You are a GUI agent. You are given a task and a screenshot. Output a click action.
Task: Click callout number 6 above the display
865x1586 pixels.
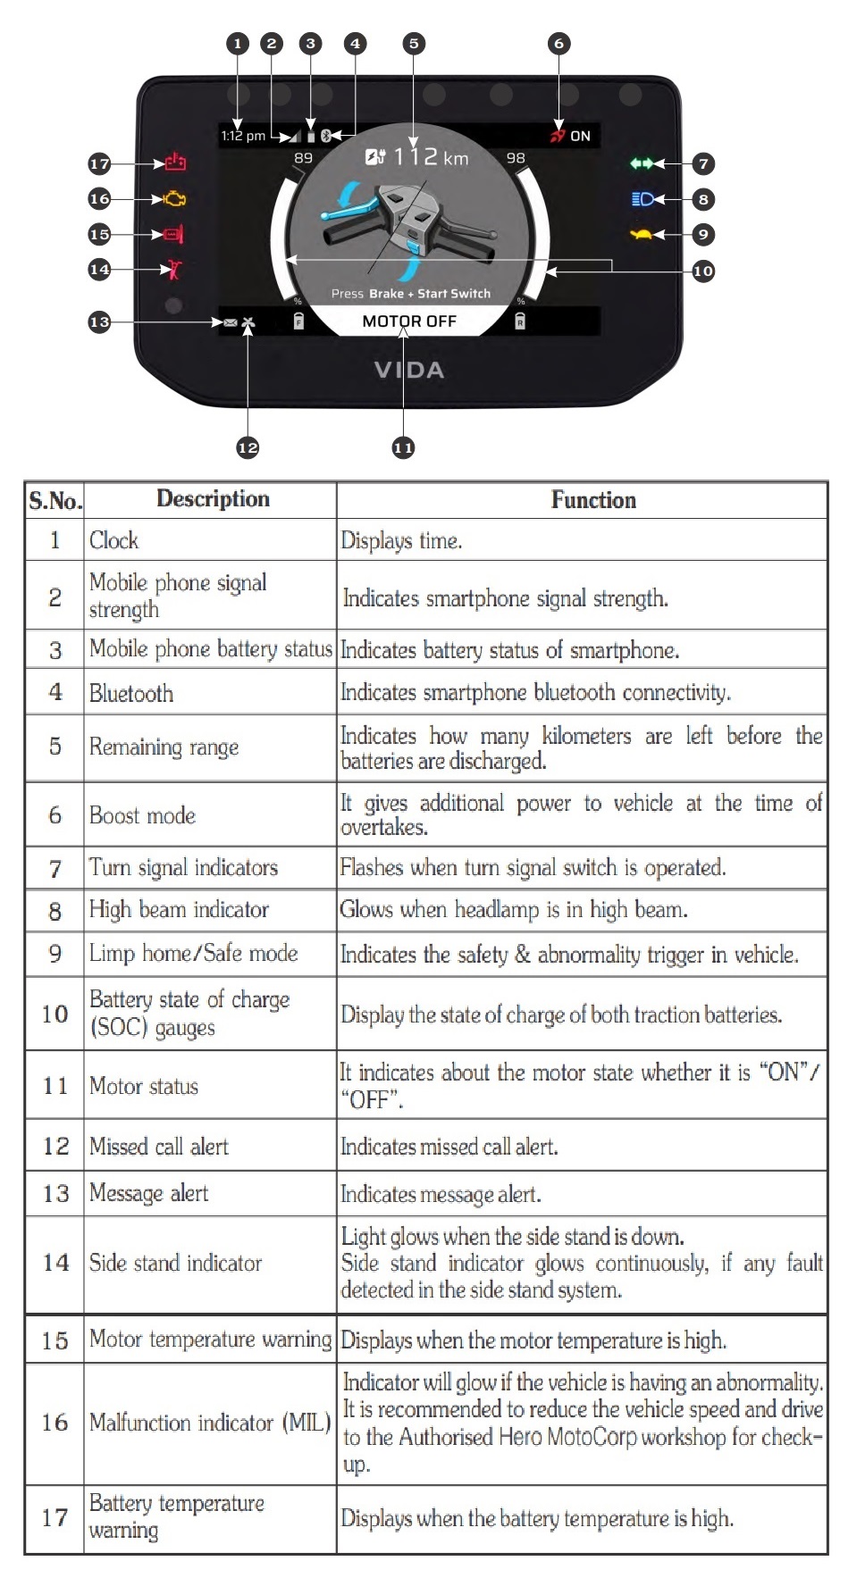coord(558,43)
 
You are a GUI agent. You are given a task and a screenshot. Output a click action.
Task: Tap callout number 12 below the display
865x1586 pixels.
coord(248,447)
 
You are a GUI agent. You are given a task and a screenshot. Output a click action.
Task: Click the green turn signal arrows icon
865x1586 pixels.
coord(642,163)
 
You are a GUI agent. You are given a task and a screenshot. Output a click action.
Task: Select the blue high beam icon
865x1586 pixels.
coord(642,199)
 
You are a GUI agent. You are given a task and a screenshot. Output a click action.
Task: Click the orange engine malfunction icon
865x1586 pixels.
coord(175,198)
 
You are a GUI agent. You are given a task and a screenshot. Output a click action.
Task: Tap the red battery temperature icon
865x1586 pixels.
coord(175,163)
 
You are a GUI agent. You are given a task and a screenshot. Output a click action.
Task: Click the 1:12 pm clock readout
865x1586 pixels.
coord(243,136)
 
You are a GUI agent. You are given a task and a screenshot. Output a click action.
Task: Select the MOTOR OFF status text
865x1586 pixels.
coord(409,321)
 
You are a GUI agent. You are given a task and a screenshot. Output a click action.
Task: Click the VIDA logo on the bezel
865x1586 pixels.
coord(409,370)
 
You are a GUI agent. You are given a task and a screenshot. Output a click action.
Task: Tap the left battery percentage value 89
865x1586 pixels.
coord(304,158)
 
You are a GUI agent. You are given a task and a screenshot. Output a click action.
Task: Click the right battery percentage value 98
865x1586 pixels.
coord(516,158)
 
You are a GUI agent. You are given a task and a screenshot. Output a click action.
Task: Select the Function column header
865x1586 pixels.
coord(593,500)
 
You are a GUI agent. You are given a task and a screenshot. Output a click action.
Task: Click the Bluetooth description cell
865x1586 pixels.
coord(131,693)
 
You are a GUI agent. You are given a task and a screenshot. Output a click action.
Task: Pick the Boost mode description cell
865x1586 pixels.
coord(142,815)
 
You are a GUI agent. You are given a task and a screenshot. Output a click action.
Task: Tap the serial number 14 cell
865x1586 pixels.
coord(55,1263)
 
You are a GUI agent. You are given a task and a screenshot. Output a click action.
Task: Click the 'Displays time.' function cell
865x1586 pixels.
coord(401,540)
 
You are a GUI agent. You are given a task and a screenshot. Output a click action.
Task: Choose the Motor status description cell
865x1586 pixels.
coord(144,1086)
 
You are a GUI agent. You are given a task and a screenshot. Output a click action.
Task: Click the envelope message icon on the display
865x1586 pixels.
coord(231,322)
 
